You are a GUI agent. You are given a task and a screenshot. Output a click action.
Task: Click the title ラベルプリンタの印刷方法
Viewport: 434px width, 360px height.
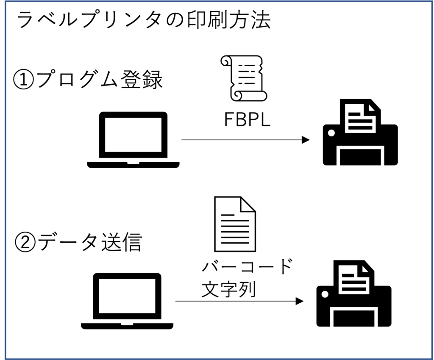point(143,20)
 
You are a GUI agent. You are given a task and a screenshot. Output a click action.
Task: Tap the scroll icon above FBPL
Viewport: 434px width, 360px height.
point(244,78)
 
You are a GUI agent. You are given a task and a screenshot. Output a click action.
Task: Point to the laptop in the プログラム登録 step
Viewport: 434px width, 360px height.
point(133,140)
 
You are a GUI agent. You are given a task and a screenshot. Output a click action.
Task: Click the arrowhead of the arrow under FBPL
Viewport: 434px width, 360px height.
point(306,140)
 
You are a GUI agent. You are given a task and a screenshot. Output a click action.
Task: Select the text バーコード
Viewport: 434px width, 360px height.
point(247,268)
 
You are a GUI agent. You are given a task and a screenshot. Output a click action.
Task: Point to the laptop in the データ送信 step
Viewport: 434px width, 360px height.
point(127,301)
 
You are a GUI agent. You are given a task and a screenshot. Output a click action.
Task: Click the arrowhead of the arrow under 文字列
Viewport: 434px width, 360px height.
point(300,301)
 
